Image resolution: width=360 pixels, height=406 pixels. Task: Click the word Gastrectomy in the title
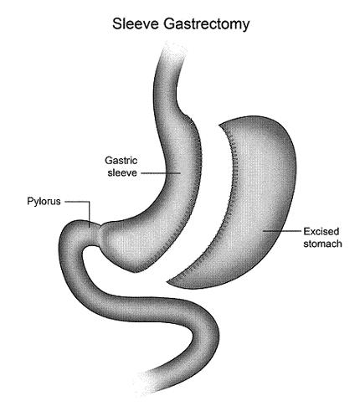click(x=206, y=25)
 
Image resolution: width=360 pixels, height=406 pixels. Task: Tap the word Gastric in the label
click(x=121, y=161)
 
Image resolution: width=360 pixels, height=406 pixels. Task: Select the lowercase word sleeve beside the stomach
click(x=122, y=172)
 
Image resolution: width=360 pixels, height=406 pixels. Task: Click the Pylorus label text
click(x=44, y=202)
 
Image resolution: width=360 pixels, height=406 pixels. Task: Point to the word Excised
click(x=321, y=231)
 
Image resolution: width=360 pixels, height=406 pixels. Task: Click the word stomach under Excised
click(x=322, y=244)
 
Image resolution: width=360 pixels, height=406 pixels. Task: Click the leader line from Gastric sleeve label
click(x=161, y=173)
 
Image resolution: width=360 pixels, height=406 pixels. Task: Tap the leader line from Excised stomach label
click(x=282, y=231)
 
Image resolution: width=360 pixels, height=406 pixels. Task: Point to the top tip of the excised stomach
click(x=220, y=125)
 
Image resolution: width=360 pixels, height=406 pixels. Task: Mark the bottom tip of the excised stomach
click(x=168, y=282)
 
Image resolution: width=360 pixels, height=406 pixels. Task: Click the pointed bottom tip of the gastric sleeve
click(x=135, y=272)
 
